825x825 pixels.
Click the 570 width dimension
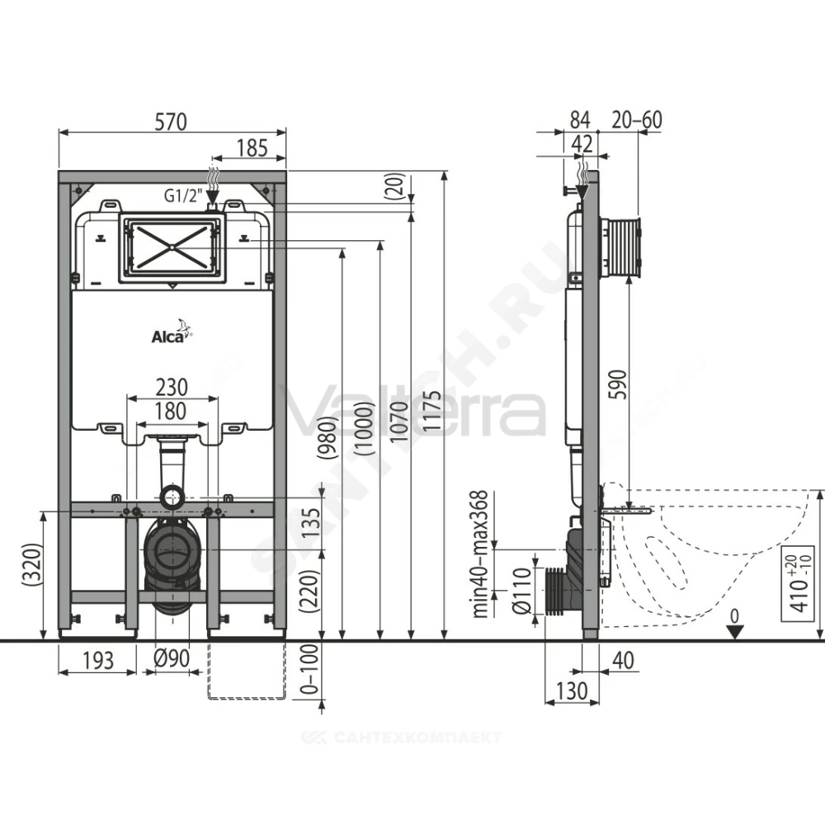(171, 121)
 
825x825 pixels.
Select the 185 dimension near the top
(252, 148)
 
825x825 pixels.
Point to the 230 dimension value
(172, 387)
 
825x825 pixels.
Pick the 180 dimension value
(171, 411)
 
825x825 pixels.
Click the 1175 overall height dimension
(432, 411)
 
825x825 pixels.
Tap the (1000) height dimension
(365, 427)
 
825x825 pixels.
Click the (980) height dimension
(327, 438)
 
